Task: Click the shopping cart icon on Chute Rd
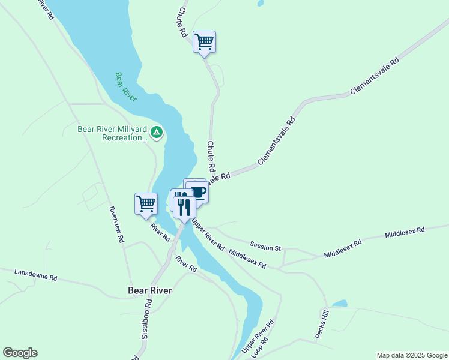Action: tap(204, 42)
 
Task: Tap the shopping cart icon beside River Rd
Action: tap(146, 204)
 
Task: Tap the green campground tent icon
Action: tap(156, 132)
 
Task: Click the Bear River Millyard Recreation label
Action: tap(112, 133)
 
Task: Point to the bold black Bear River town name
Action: tap(150, 290)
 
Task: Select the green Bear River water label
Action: tap(126, 86)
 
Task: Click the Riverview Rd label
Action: tap(116, 224)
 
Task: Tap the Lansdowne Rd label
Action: tap(37, 275)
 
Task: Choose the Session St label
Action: tap(265, 247)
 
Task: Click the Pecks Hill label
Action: tap(324, 323)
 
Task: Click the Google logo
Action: tap(20, 353)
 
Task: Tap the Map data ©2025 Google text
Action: tap(411, 355)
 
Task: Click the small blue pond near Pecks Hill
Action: tap(340, 304)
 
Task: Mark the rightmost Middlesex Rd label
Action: tap(405, 230)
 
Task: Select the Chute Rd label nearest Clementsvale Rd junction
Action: tap(211, 157)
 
